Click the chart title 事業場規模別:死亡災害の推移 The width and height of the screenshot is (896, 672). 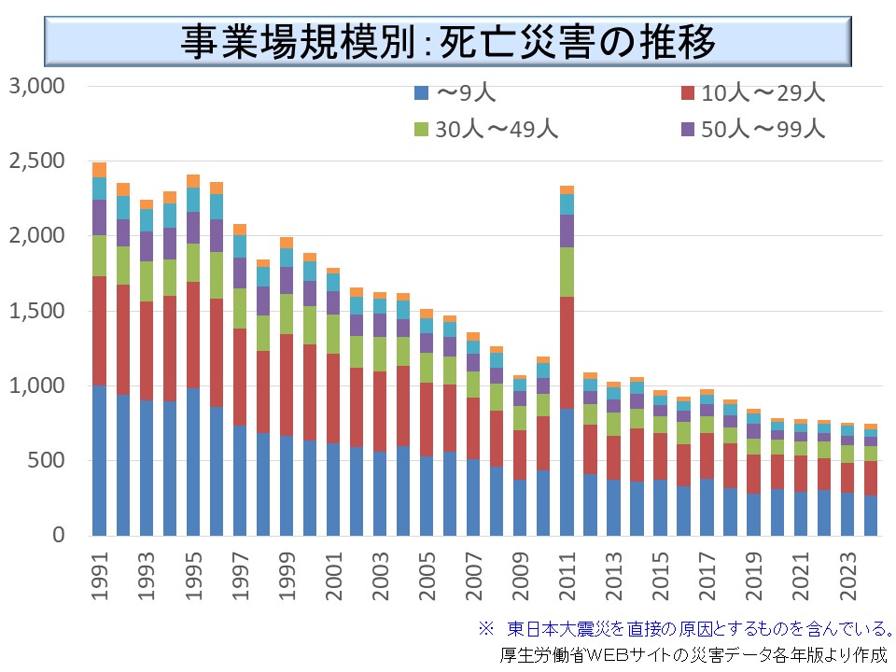(448, 40)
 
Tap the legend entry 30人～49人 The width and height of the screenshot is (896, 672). (484, 129)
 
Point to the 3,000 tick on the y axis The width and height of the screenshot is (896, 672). (35, 87)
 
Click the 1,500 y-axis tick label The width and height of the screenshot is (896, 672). (35, 311)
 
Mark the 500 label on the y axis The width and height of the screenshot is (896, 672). (47, 460)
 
